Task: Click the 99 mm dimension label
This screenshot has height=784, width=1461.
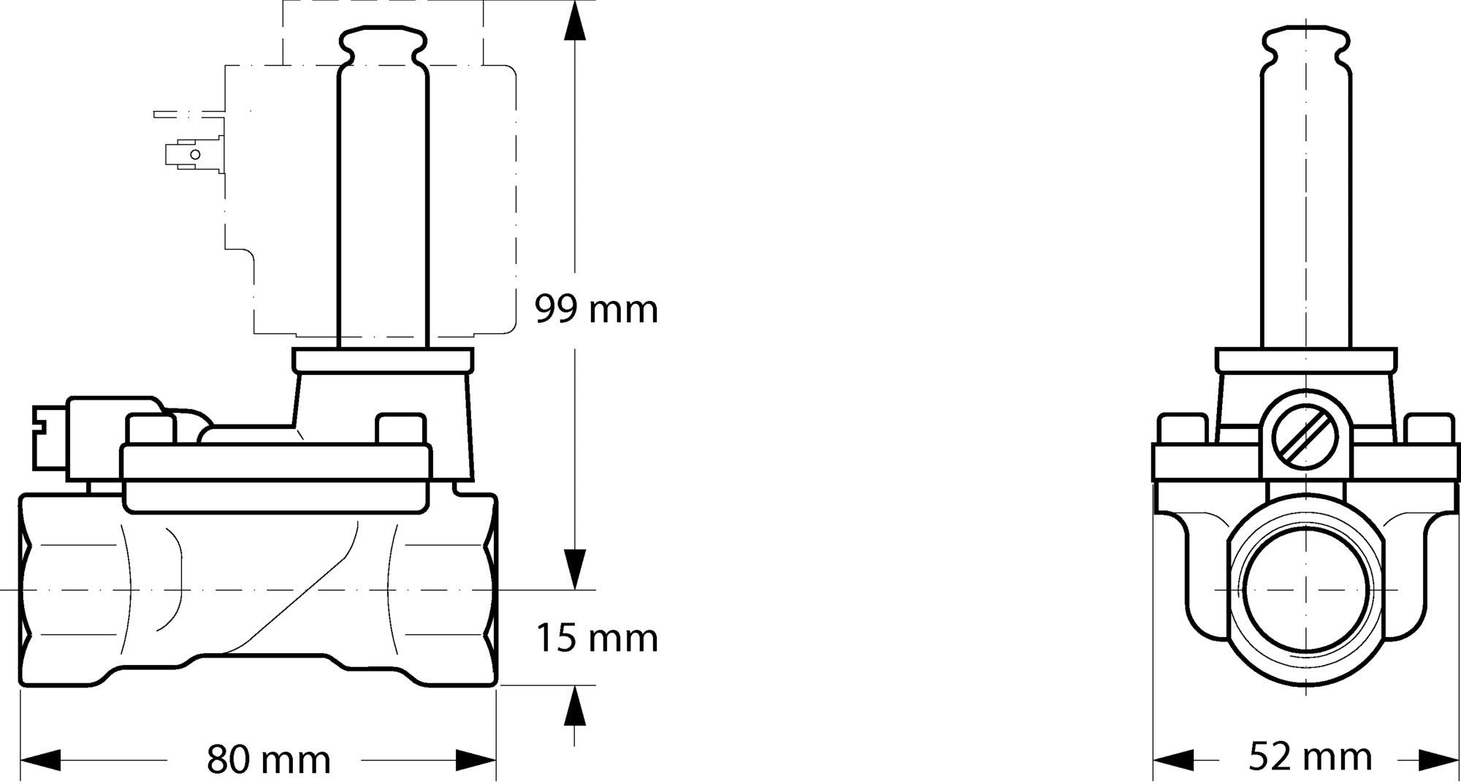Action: coord(596,309)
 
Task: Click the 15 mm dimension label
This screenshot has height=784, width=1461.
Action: coord(597,638)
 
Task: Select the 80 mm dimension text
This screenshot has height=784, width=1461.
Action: coord(268,760)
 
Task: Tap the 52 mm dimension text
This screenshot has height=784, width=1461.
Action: coord(1310,757)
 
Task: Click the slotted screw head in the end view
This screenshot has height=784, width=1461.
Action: coord(1305,437)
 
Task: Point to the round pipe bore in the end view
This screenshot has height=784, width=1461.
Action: coord(1305,589)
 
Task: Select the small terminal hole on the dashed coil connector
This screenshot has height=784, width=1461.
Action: coord(195,154)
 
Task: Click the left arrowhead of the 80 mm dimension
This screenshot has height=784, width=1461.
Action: coord(40,760)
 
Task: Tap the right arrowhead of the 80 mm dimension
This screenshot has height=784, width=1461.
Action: coord(476,760)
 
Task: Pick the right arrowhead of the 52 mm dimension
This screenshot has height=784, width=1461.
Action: coord(1438,760)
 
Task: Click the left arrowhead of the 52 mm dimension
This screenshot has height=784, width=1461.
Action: coord(1173,760)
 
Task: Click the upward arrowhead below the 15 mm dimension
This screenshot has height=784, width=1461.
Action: coord(576,706)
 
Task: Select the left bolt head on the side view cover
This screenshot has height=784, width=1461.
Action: coord(150,430)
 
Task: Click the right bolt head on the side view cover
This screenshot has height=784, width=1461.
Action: coord(400,430)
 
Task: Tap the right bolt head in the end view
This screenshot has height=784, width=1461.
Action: coord(1429,429)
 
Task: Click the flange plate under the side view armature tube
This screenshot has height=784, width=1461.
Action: coord(383,360)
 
